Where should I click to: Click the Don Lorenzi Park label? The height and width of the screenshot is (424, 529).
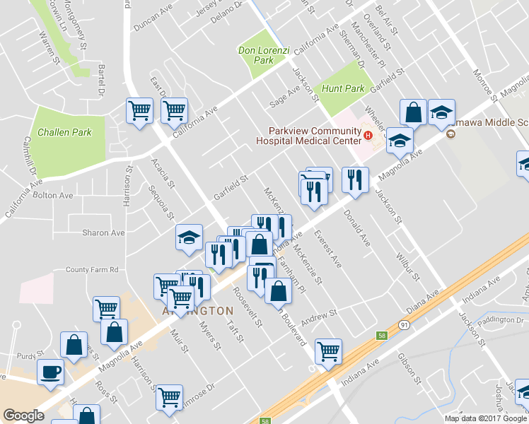pos(256,55)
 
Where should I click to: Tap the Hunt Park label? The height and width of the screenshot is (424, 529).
pos(343,88)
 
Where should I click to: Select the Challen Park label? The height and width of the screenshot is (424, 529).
pos(64,132)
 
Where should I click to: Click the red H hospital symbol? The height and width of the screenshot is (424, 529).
pos(367,135)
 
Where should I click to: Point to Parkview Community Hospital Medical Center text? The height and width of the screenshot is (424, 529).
pos(313,135)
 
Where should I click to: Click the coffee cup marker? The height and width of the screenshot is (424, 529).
pos(50,372)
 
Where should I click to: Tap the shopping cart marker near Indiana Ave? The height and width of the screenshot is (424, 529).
pos(328,351)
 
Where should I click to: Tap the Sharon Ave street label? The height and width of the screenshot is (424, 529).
pos(103,232)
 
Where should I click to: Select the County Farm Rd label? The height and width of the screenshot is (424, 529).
pos(91,269)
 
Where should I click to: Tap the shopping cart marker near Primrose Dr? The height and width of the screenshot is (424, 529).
pos(170,398)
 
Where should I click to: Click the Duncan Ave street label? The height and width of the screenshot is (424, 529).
pos(153,25)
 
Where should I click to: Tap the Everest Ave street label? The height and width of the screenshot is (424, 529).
pos(328,249)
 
